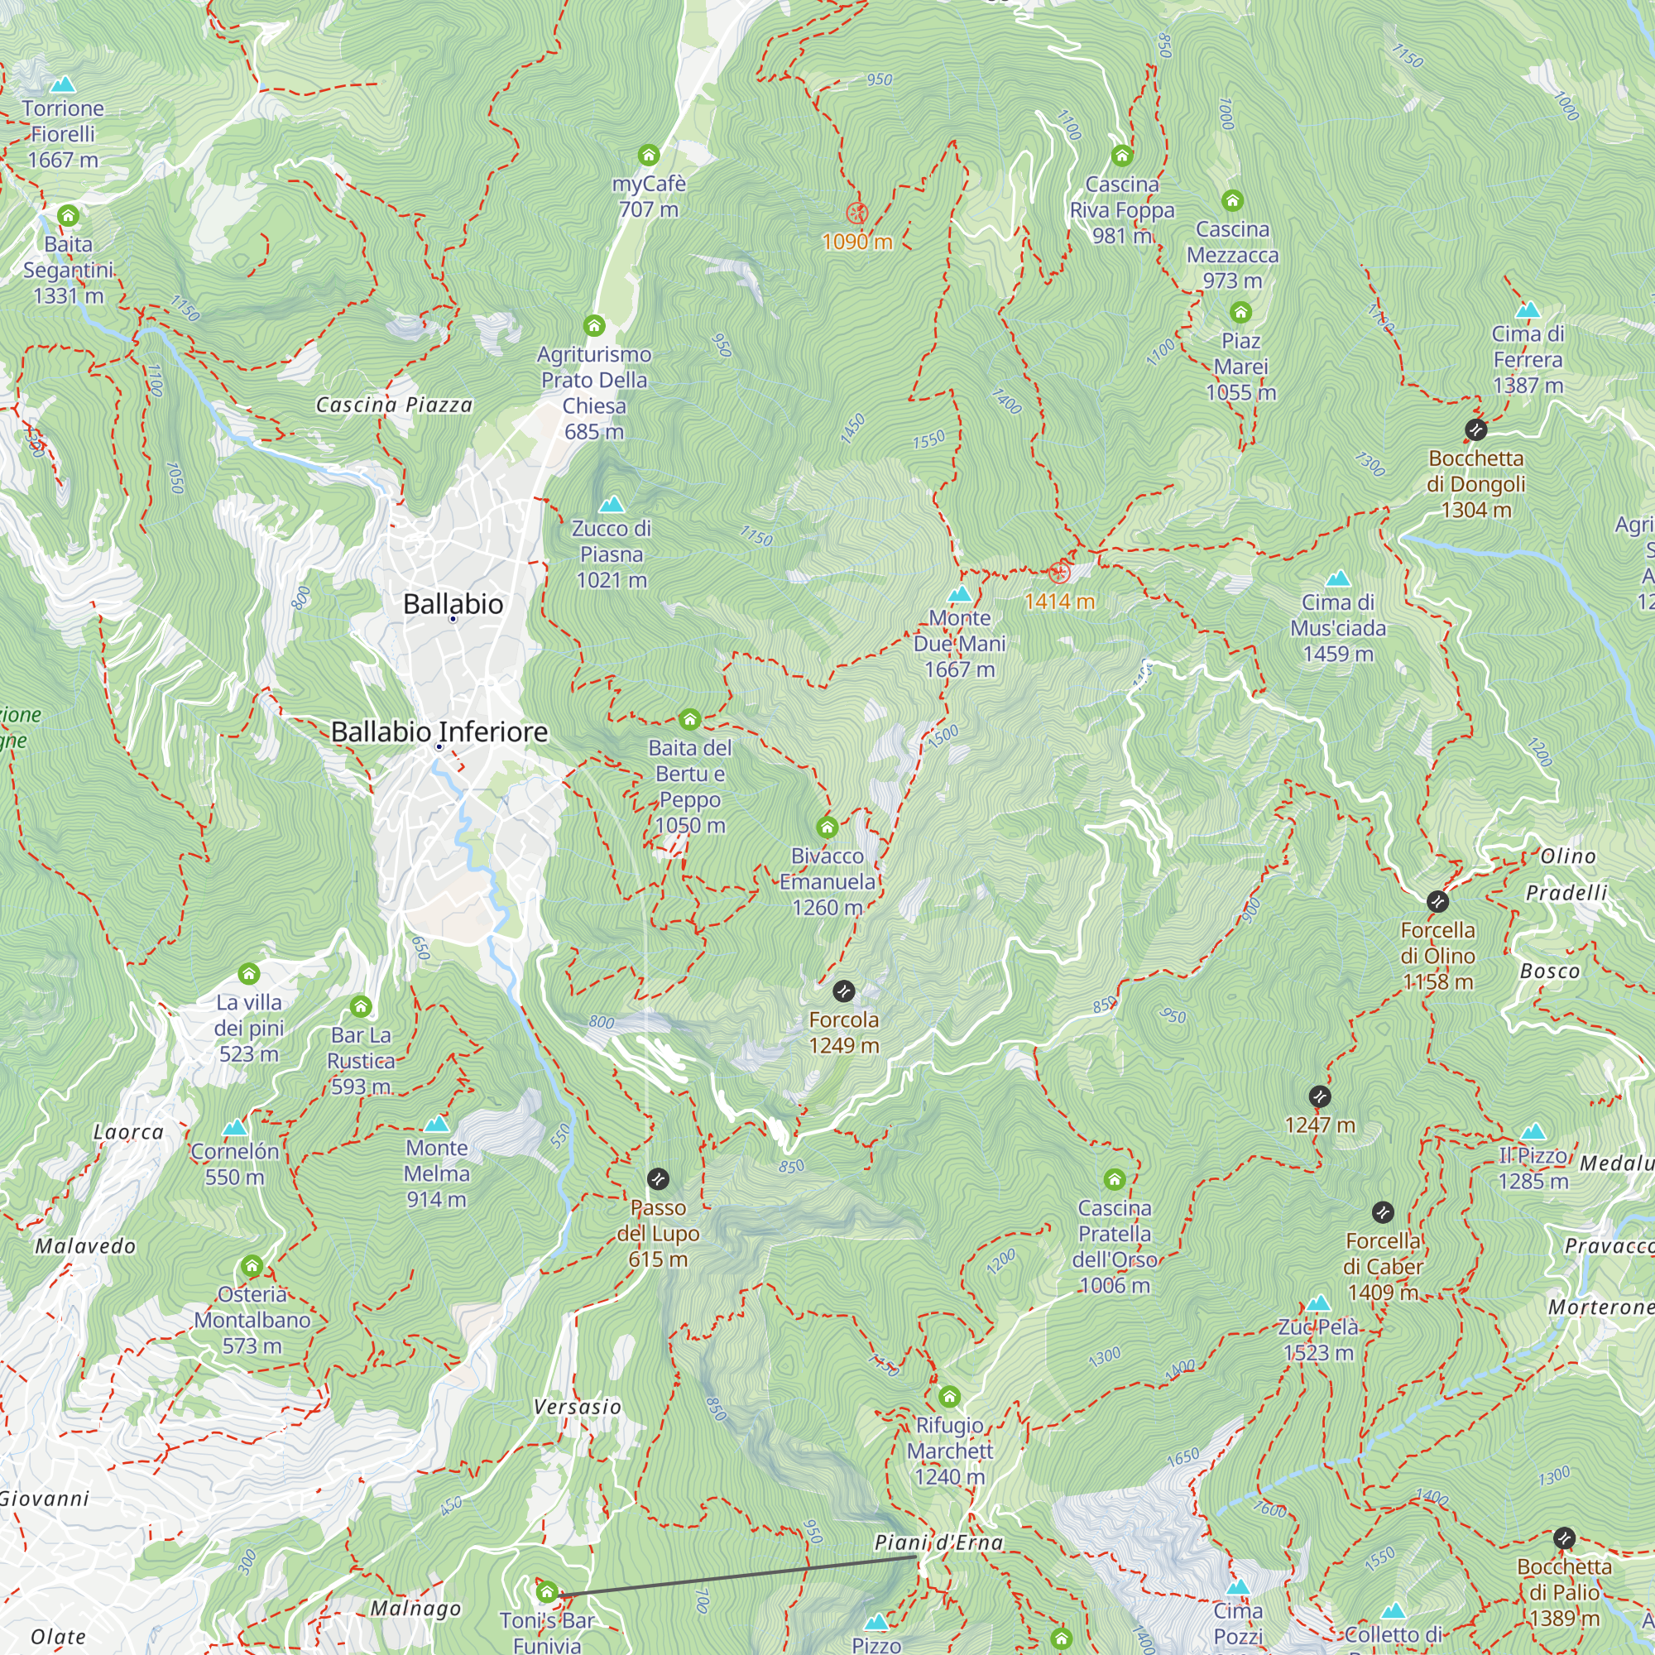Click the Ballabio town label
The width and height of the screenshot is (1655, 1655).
click(453, 604)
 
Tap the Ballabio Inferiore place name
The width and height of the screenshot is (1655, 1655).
click(439, 732)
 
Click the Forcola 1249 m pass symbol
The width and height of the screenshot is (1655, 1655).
click(843, 991)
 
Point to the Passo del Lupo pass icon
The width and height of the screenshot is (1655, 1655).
click(657, 1178)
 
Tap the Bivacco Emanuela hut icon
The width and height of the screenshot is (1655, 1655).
click(827, 827)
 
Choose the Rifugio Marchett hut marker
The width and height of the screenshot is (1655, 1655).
click(948, 1397)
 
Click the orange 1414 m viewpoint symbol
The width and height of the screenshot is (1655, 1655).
click(1059, 573)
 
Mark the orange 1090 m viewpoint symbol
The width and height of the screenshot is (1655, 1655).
click(856, 213)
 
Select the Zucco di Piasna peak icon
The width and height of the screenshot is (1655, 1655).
click(611, 505)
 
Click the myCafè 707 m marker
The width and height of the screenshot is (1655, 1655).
click(649, 155)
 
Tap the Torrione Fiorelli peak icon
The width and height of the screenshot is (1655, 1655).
click(63, 84)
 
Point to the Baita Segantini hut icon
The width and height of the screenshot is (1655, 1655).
click(68, 215)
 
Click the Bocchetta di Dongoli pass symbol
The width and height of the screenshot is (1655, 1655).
click(1475, 429)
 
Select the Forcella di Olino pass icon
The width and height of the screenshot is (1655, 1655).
click(1437, 901)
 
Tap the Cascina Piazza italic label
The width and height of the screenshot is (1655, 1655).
click(394, 405)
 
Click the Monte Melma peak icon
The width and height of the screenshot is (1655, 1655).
click(436, 1124)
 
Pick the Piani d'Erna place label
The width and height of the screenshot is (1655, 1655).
click(938, 1542)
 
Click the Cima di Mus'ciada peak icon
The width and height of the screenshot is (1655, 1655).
click(1337, 579)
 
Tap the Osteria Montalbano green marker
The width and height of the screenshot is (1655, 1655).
click(251, 1265)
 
